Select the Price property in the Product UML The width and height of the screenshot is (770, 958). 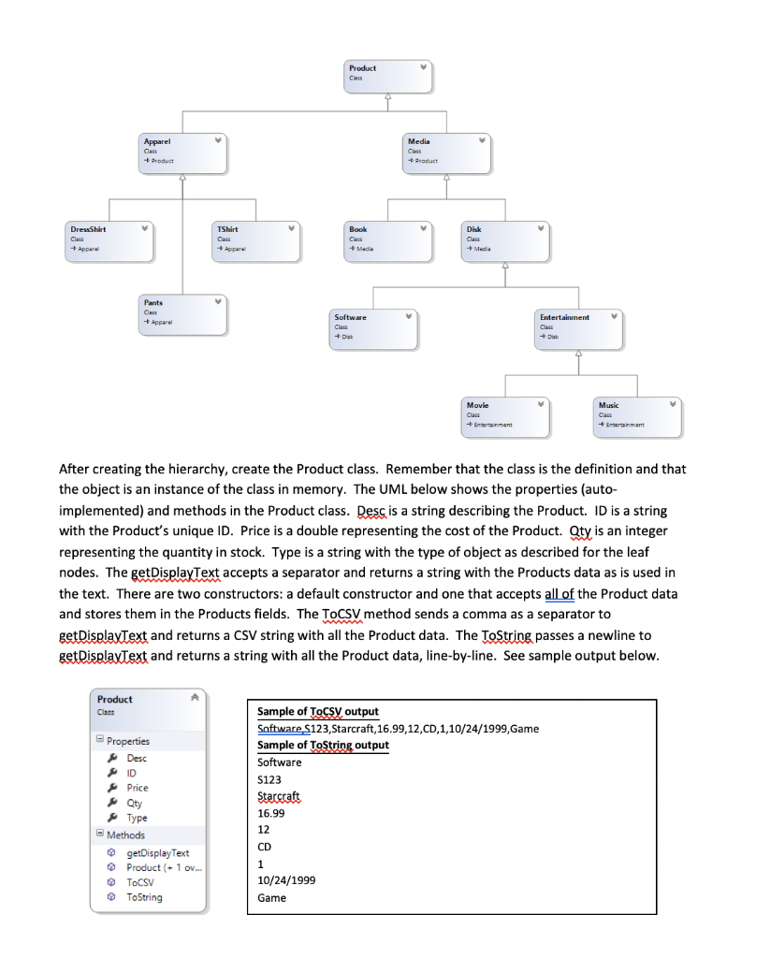(138, 788)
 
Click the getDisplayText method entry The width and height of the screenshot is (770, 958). (157, 852)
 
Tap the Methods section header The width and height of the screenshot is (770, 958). (126, 835)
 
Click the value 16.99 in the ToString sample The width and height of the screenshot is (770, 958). (269, 813)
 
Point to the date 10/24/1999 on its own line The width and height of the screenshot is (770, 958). (285, 880)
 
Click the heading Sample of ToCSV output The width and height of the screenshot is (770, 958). (317, 712)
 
